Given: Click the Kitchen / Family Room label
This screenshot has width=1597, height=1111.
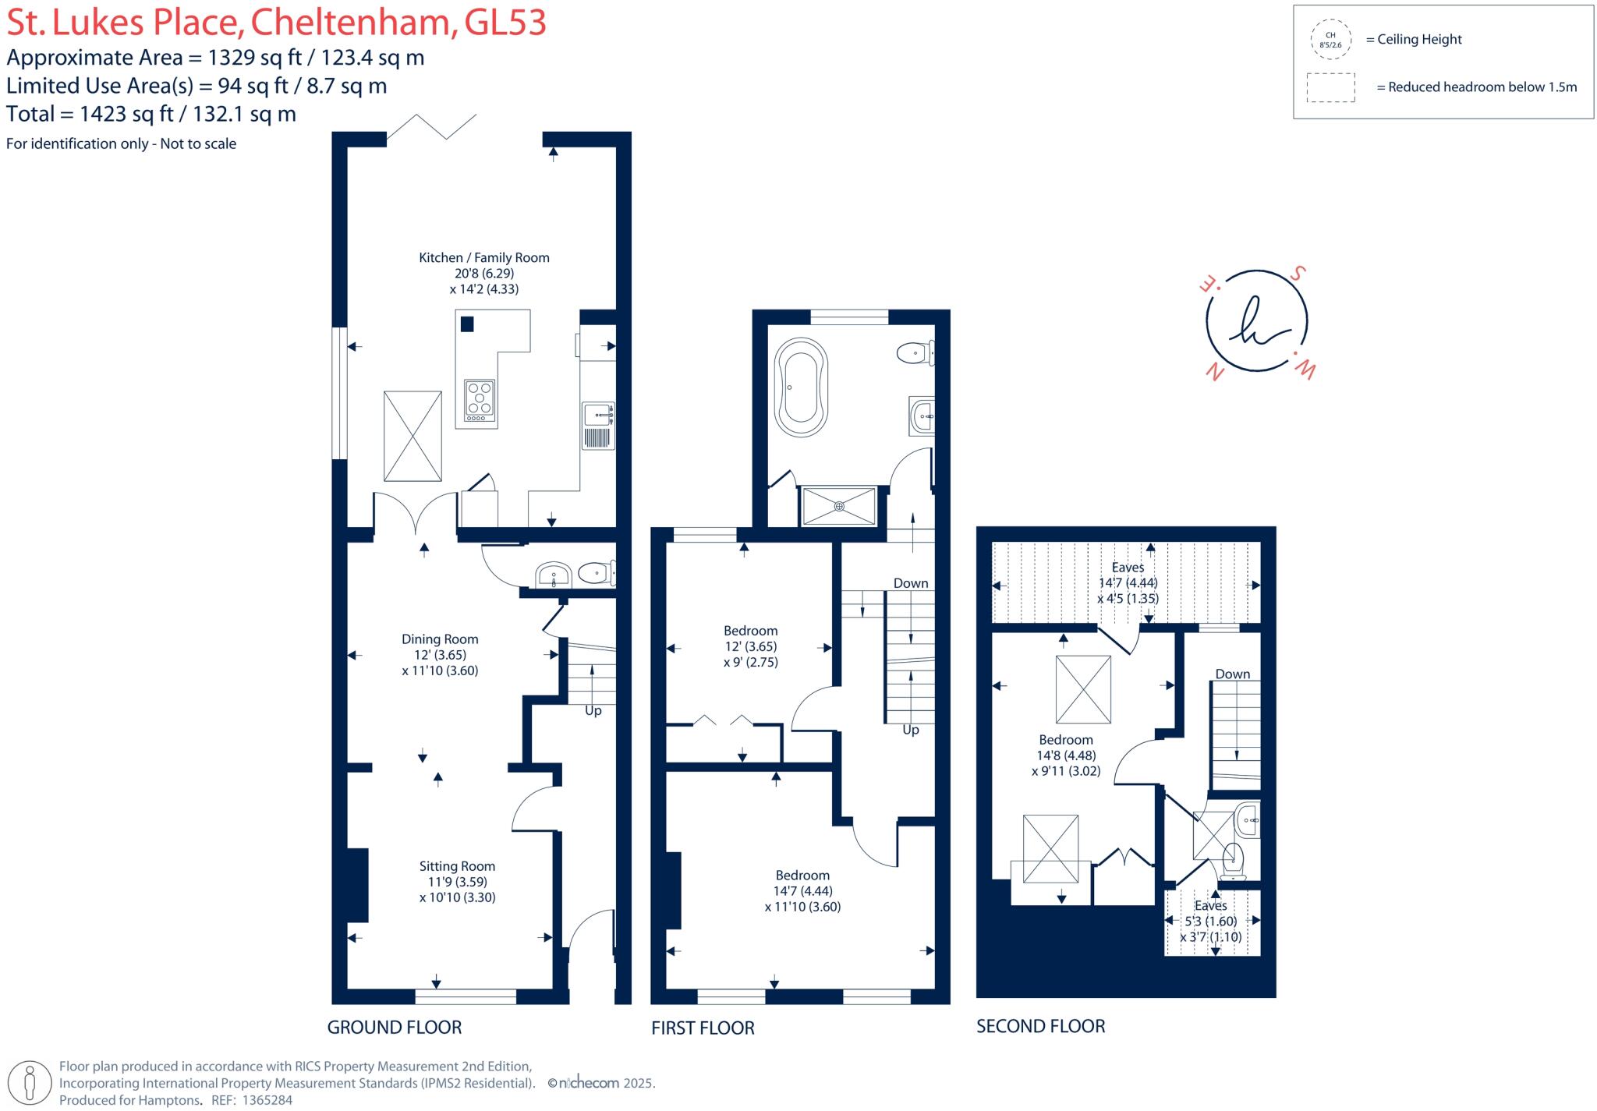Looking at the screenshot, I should tap(483, 257).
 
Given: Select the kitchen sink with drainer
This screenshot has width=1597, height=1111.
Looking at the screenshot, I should tap(598, 426).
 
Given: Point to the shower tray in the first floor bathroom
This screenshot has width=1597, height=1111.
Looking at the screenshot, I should tap(839, 506).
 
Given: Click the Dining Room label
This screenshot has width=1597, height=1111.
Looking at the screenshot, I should tap(440, 639).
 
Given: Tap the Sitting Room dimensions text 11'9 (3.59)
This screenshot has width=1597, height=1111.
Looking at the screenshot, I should tap(457, 882).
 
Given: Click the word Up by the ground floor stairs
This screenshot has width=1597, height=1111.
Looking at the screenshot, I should tap(593, 710).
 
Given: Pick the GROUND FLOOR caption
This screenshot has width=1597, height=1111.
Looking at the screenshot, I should tap(394, 1027).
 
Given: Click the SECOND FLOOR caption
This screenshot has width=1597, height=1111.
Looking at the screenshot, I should tap(1040, 1026).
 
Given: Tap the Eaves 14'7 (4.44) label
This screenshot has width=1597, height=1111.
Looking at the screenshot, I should tap(1128, 582).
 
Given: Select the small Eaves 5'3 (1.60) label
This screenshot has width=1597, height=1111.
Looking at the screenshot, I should tap(1210, 921).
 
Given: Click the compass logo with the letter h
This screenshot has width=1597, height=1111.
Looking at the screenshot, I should tap(1256, 322).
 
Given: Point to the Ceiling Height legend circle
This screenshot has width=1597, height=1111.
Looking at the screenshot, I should tap(1330, 40).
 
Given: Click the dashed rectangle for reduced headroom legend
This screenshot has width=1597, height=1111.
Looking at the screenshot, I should tap(1330, 87).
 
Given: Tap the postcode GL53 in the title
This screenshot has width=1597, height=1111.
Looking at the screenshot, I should tap(505, 22).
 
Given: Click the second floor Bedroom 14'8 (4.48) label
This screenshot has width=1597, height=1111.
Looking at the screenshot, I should tap(1066, 755).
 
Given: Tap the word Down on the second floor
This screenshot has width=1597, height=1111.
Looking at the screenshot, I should tap(1232, 674).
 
